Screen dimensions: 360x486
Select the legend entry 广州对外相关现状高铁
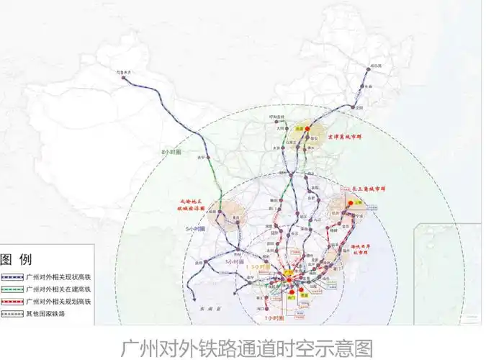[58, 276]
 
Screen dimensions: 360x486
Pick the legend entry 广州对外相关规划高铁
[58, 301]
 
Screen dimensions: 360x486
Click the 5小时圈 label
[195, 228]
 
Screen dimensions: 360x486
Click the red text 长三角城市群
[372, 190]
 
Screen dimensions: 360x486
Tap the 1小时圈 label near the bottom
[271, 318]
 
